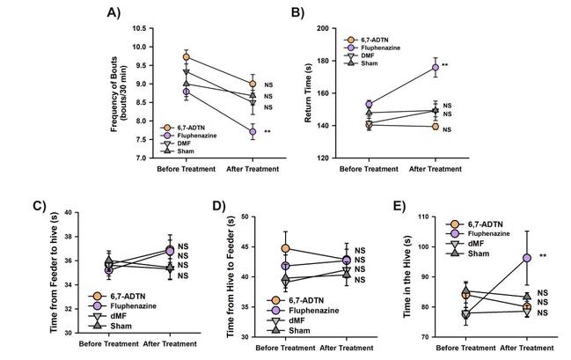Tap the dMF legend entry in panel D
coord(296,319)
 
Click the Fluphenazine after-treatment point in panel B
coord(435,66)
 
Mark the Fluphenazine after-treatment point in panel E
coord(526,258)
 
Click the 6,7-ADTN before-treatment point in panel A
coord(186,57)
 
